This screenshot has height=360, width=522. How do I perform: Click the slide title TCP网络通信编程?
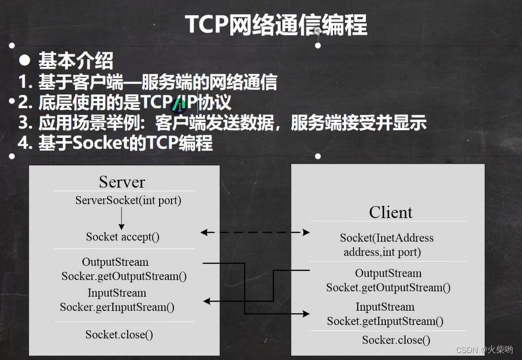coord(276,25)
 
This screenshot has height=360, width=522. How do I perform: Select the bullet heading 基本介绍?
coord(76,60)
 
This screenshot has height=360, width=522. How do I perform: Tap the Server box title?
coord(121,181)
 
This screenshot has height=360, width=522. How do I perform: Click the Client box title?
coord(391,212)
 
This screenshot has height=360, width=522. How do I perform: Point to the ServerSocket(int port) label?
coord(128,201)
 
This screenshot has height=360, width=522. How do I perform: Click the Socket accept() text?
coord(123,236)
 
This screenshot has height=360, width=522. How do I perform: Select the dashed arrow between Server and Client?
coord(255,232)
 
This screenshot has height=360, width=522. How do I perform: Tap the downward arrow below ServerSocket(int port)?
coord(122,219)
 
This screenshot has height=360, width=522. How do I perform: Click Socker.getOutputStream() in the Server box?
coord(124,276)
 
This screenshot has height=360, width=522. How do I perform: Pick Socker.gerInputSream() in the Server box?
coord(117,307)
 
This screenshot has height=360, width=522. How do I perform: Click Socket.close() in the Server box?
coord(119,334)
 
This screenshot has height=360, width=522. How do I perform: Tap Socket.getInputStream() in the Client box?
coord(386,321)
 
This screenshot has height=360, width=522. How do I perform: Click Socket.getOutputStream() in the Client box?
coord(388,287)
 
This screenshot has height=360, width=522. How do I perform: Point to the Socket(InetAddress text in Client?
coord(386,237)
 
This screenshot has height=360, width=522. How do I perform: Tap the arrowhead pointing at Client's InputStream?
coord(306,314)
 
